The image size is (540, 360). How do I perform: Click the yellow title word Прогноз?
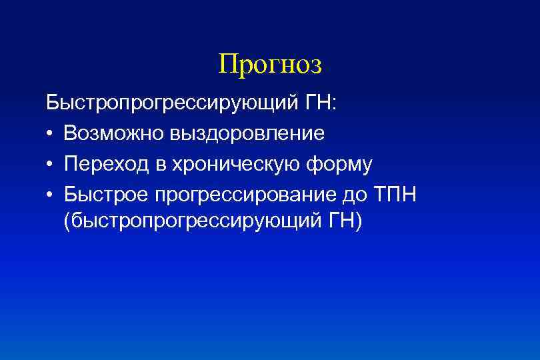coord(270,65)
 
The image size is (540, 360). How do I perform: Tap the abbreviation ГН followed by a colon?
coord(321,104)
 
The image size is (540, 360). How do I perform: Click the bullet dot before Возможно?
coord(51,134)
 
